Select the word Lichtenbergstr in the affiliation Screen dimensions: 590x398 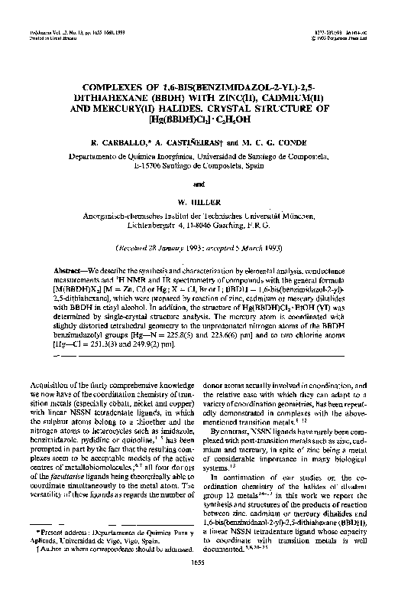[159, 227]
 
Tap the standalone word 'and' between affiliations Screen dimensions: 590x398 [199, 184]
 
